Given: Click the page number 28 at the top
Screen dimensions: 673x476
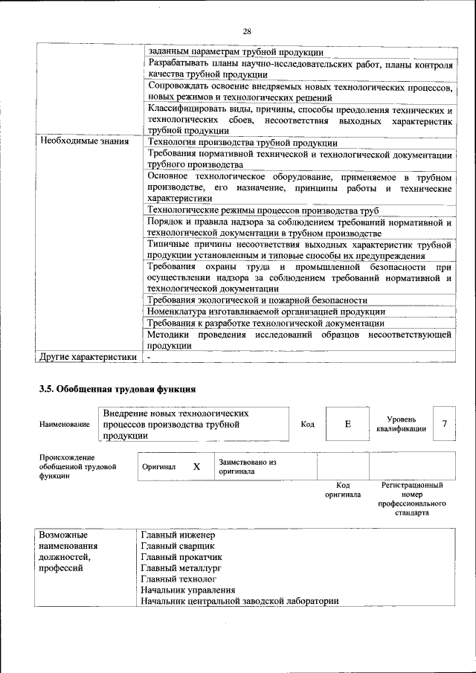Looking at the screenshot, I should coord(247,31).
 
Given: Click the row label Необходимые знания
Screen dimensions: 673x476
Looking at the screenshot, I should coord(83,141).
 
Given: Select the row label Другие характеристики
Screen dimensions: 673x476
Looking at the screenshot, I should coord(88,357).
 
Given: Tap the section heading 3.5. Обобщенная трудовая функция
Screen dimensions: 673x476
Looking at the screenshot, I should coord(117,388).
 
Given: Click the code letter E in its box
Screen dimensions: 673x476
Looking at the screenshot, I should coord(347,424).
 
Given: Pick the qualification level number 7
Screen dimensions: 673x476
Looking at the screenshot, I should coord(444,424).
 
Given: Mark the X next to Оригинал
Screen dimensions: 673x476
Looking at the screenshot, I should coord(196,467).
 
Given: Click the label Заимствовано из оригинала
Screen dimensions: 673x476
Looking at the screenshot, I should coord(247,467).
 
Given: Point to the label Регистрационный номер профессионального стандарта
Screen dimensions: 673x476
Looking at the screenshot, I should coord(411,499).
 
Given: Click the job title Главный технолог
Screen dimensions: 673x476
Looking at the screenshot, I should coord(178,579).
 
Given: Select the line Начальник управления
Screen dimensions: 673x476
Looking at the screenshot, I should coord(187,590).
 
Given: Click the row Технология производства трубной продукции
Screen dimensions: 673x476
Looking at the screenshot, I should coord(242,141).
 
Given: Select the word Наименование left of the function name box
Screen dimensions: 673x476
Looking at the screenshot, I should coord(65,424).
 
